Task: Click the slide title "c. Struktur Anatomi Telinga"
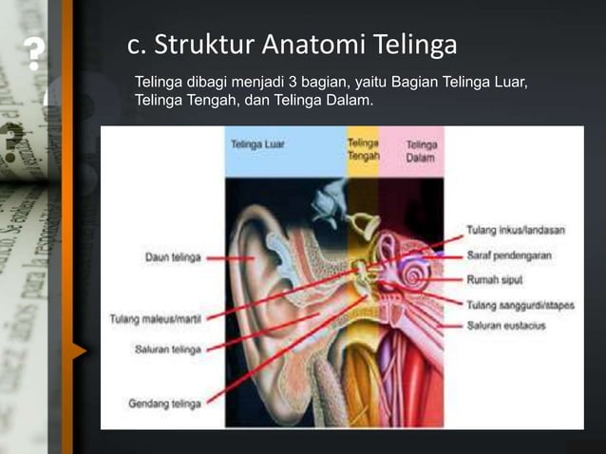(292, 45)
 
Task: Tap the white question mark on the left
(33, 56)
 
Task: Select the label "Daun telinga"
(172, 257)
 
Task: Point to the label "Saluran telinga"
(166, 350)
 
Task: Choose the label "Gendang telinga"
(164, 404)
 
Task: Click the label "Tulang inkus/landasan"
(515, 230)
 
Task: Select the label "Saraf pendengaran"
(509, 255)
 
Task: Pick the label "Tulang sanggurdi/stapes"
(519, 305)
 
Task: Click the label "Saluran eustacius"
(505, 326)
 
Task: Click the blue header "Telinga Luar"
(259, 145)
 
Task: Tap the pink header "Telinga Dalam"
(422, 151)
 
